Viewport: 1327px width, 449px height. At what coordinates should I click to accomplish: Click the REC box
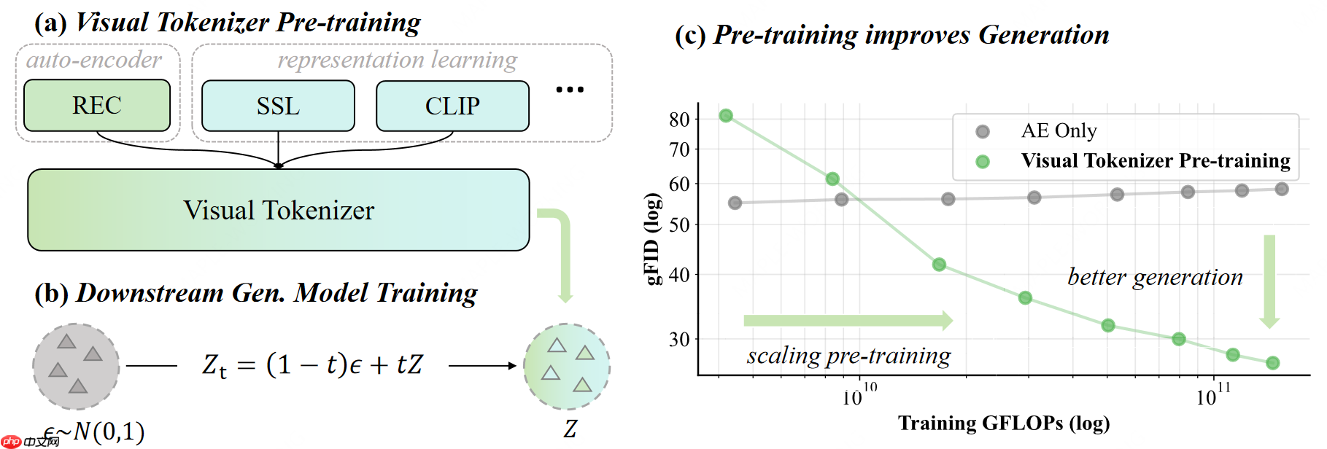pos(97,106)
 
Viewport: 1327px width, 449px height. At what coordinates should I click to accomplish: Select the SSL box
pos(278,106)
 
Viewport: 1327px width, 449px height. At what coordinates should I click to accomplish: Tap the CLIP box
pos(452,106)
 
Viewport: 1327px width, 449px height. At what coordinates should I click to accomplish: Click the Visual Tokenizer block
pos(278,210)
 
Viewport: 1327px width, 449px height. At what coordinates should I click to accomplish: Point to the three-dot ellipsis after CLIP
pos(570,90)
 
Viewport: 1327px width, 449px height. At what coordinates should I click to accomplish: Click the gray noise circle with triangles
pos(76,366)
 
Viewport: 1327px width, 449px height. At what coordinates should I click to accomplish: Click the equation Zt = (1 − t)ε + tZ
pos(312,364)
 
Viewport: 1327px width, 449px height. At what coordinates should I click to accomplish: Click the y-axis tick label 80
pos(679,119)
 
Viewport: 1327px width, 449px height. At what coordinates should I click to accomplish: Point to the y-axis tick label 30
pos(679,339)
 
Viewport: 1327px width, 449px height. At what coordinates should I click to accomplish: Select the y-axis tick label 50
pos(679,224)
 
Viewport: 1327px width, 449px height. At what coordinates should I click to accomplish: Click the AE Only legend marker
pos(983,131)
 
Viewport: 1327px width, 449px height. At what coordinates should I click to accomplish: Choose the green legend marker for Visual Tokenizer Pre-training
pos(983,161)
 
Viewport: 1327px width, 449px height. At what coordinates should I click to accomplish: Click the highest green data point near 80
pos(726,116)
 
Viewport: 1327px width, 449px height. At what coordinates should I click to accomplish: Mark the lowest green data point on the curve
pos(1273,363)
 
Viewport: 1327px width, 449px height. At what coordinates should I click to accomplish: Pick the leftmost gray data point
pos(735,203)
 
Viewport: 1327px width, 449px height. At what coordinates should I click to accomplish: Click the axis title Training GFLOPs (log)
pos(1004,423)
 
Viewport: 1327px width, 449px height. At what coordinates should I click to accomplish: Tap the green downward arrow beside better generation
pos(1269,281)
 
